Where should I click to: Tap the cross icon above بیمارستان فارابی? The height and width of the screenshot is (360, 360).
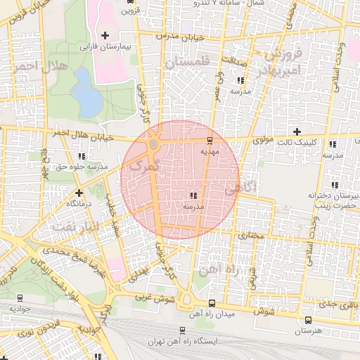tap(105, 35)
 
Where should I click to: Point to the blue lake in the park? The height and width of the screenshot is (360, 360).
tap(86, 92)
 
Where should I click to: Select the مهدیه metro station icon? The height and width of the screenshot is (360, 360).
tap(210, 141)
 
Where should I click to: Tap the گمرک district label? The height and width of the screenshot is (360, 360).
tap(140, 165)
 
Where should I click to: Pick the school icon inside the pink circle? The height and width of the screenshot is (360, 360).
tap(193, 196)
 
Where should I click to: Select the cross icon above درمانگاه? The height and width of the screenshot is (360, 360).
tap(79, 192)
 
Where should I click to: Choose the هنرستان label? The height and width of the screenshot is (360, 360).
tap(307, 329)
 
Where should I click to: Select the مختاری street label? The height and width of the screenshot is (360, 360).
tap(250, 236)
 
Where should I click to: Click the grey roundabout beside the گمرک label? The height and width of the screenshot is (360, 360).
tap(153, 145)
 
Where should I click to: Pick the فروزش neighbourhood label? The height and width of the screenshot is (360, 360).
tap(288, 54)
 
